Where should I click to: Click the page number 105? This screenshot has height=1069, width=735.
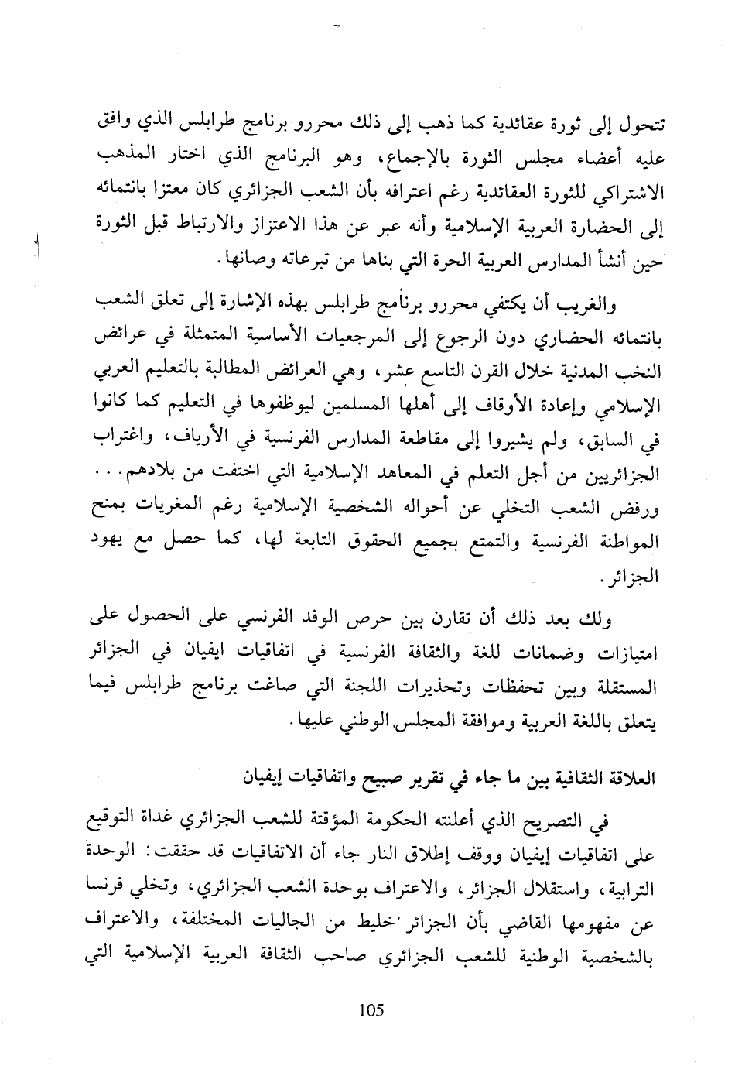click(371, 1010)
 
